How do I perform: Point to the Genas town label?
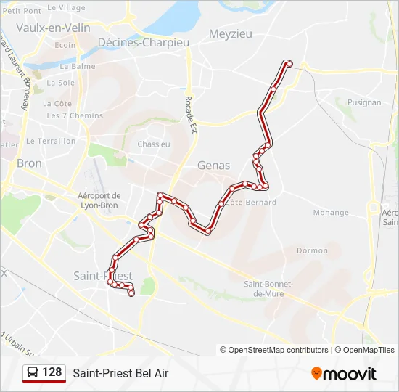[x=214, y=166]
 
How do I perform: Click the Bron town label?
[x=29, y=163]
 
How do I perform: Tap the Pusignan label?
[x=363, y=103]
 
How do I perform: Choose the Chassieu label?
[x=154, y=144]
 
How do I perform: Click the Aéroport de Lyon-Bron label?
[x=99, y=200]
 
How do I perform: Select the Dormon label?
[x=312, y=250]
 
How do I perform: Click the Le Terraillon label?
[x=51, y=141]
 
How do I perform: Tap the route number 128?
[x=52, y=372]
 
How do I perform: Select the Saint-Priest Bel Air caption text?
[x=120, y=373]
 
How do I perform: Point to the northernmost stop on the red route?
[x=288, y=63]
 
